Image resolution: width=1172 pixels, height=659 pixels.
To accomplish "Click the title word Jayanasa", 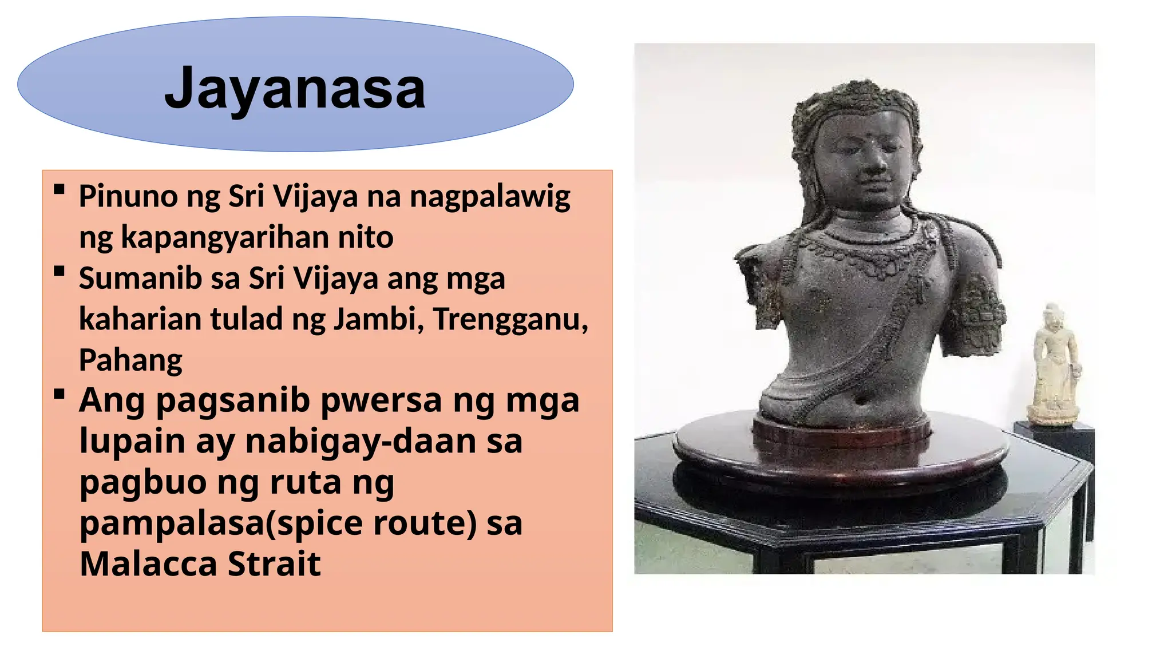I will tap(295, 89).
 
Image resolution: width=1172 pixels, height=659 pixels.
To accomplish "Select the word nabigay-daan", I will tap(361, 441).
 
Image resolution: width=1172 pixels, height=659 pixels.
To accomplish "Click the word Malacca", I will tap(148, 564).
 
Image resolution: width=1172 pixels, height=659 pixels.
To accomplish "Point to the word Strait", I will tap(274, 564).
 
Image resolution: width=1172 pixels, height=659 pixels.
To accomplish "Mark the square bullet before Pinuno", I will tap(59, 189).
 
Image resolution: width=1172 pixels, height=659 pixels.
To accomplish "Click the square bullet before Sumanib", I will tap(59, 271).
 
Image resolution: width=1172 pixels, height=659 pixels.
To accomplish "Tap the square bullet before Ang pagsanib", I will tap(59, 394).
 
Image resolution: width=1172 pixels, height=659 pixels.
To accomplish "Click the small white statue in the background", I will tap(1054, 367).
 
